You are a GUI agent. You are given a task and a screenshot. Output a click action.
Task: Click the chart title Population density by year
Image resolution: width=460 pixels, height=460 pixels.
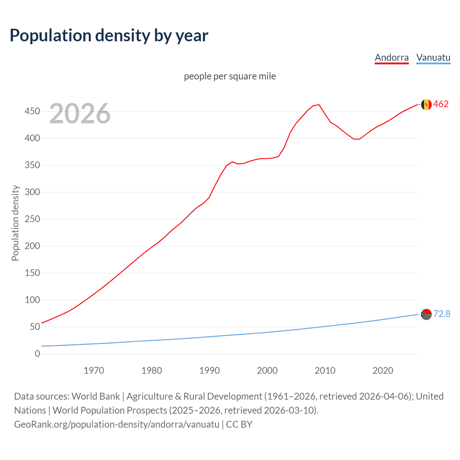coord(109,36)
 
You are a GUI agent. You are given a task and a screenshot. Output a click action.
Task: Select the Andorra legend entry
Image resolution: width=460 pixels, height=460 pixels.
coord(391,57)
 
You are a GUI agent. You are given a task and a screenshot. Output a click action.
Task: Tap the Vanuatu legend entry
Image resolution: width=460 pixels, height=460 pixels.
coord(433,57)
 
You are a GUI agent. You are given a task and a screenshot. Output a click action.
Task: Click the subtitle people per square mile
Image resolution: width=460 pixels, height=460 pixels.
coord(230,77)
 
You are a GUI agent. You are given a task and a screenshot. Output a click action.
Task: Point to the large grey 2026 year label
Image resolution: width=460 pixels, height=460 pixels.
coord(80,114)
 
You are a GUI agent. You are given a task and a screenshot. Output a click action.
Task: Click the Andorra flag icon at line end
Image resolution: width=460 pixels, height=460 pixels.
coord(426,105)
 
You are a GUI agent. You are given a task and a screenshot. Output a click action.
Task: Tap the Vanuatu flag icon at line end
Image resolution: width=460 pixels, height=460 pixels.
coord(426,314)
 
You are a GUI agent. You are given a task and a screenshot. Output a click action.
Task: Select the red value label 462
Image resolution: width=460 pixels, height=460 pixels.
coord(441,104)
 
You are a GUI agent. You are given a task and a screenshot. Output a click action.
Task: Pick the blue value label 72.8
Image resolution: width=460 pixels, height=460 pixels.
coord(442,314)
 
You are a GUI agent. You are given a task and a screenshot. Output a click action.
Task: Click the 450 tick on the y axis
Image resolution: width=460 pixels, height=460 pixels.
coord(32,111)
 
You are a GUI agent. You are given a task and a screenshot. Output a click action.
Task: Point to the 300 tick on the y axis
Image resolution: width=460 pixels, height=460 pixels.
coord(32,192)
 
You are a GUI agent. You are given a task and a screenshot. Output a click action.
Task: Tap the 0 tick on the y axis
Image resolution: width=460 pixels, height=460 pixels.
coord(37,354)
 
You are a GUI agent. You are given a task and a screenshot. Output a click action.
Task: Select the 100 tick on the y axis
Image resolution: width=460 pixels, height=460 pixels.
coord(32,300)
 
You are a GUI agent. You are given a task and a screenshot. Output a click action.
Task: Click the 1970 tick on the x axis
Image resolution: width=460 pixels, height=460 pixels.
coord(94,371)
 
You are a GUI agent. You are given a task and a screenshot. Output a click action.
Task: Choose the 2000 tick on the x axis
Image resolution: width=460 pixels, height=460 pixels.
coord(267,371)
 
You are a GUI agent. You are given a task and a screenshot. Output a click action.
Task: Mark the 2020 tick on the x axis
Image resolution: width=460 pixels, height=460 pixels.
coord(383,371)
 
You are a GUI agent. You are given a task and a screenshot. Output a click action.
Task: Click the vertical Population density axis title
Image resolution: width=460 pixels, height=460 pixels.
coord(15,223)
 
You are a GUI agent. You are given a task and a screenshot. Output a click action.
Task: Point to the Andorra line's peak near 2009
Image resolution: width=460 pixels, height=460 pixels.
coord(319,105)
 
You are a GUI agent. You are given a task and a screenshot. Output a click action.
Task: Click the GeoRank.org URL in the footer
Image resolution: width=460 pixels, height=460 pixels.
coord(116,424)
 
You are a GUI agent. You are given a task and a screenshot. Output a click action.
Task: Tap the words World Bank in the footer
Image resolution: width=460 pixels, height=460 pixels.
coord(96,396)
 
